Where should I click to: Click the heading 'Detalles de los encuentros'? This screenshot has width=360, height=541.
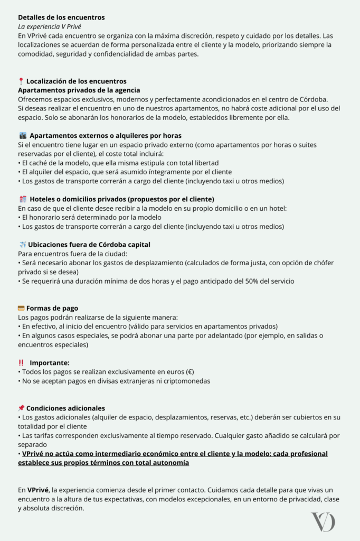tap(61, 17)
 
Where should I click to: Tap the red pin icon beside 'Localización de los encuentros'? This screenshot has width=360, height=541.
tap(21, 81)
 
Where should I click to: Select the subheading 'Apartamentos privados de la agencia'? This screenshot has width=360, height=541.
tap(79, 90)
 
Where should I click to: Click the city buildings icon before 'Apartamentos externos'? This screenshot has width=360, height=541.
tap(22, 136)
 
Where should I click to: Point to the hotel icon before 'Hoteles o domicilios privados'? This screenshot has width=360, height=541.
tap(22, 199)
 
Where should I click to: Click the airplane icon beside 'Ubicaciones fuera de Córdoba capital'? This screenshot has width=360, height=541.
tap(22, 245)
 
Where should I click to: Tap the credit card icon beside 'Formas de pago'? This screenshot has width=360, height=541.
tap(21, 308)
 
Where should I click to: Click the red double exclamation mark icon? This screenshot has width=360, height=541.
tap(21, 363)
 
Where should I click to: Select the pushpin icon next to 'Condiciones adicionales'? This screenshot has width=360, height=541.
tap(21, 408)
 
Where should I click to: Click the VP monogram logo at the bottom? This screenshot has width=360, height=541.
tap(323, 522)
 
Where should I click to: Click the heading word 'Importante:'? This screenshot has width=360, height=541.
tap(50, 363)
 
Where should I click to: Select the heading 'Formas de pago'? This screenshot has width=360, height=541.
tap(52, 308)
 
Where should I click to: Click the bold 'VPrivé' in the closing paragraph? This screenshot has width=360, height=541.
tap(39, 490)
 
